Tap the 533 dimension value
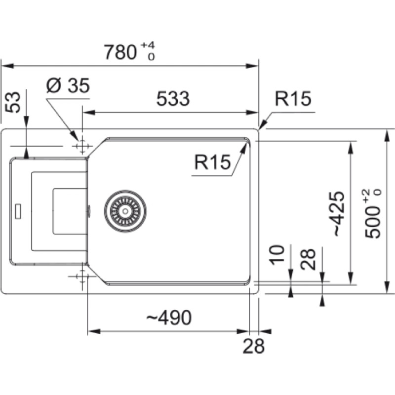[x=173, y=99]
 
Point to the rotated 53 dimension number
[x=15, y=102]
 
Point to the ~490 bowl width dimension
[x=168, y=318]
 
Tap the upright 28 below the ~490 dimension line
[x=253, y=346]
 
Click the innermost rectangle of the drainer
[x=69, y=210]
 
